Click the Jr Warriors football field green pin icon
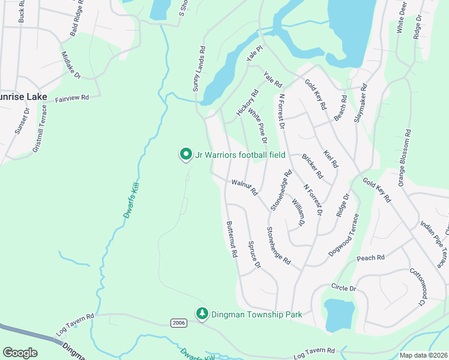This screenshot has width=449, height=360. (x=186, y=155)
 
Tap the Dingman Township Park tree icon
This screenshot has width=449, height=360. (x=203, y=314)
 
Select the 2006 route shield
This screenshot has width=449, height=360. (x=178, y=323)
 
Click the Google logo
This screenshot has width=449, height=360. (x=20, y=353)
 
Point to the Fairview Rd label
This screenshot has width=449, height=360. (x=72, y=98)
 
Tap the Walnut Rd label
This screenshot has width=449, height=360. (x=244, y=187)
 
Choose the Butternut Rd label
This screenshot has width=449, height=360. (x=232, y=239)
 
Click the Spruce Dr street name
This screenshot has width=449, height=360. (x=255, y=255)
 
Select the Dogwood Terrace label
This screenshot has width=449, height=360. (x=343, y=236)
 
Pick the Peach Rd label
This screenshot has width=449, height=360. (x=370, y=258)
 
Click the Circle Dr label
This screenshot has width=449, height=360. (x=343, y=289)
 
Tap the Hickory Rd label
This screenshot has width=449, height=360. (x=247, y=102)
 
